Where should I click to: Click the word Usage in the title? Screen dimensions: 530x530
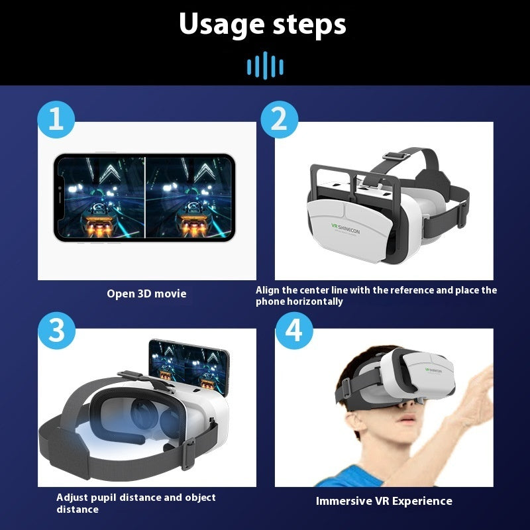(x=221, y=25)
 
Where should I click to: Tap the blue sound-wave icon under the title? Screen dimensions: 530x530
(x=265, y=66)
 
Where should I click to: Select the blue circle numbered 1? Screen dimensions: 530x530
(x=56, y=120)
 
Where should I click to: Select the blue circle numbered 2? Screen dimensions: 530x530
(x=279, y=120)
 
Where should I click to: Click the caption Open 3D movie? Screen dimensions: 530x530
(x=146, y=293)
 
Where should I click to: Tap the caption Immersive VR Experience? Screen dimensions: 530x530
(x=384, y=501)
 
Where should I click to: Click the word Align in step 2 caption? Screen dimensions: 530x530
(x=269, y=290)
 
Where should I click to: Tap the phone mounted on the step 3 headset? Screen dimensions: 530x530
(x=188, y=368)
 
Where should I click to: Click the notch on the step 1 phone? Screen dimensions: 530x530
(x=60, y=196)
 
